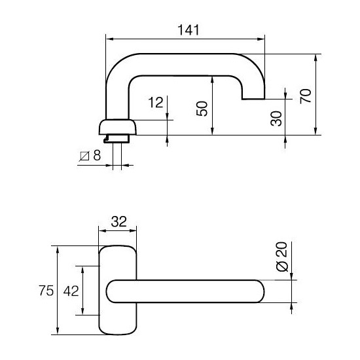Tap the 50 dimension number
(202, 107)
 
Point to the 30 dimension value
(276, 118)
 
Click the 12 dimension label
(155, 103)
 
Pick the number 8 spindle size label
(97, 156)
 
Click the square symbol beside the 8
(84, 156)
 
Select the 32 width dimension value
(118, 221)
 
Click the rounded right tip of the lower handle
(260, 291)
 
